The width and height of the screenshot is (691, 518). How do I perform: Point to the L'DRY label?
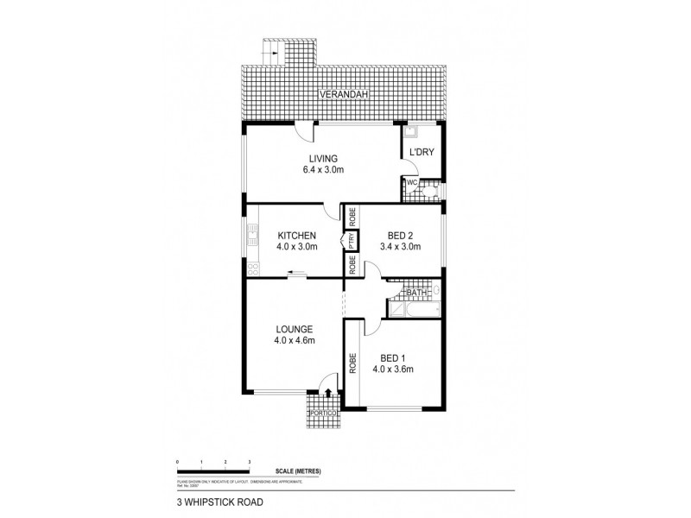coord(421,152)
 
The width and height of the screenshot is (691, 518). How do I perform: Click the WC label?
coord(412,183)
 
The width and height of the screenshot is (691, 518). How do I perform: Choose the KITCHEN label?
coord(296,235)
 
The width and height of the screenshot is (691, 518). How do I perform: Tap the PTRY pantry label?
coord(352,241)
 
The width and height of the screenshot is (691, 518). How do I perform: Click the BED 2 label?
coord(400,235)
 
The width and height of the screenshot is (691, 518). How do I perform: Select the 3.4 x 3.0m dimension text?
coord(400,246)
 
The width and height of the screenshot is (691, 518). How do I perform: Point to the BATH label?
coord(416,294)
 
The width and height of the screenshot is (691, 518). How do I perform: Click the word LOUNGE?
coord(294,329)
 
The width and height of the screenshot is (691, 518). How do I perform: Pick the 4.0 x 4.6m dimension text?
coord(294,340)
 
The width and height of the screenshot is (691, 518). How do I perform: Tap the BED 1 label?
coord(393,357)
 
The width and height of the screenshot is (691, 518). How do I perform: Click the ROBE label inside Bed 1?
coord(353,363)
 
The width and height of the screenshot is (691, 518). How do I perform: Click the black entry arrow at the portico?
coord(328,394)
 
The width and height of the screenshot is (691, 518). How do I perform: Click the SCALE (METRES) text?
coord(299,470)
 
